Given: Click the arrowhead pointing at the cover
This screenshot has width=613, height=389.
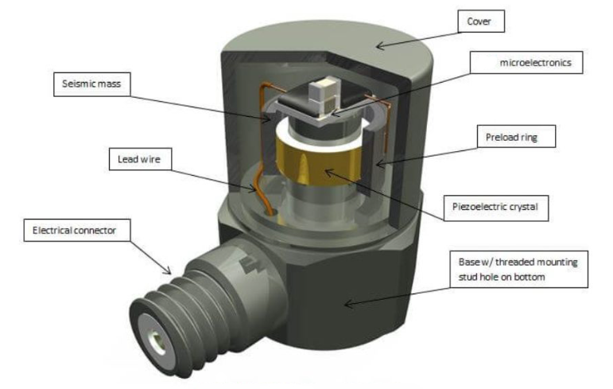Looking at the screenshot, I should point(380,46).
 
